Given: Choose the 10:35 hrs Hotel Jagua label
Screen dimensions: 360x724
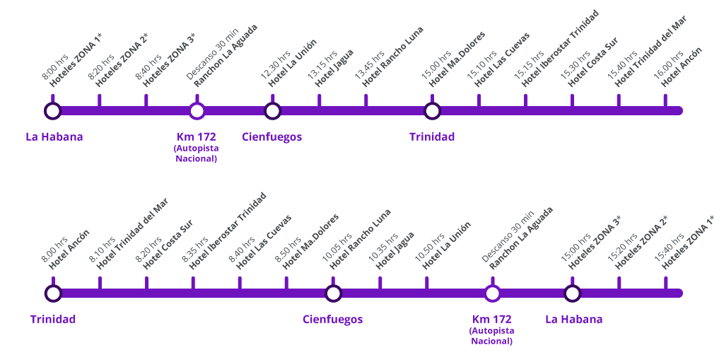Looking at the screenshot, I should point(390,250).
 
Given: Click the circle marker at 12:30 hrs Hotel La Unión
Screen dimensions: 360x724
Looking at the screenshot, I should point(272,110).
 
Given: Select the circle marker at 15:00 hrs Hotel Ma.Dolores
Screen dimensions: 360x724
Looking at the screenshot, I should point(432,110).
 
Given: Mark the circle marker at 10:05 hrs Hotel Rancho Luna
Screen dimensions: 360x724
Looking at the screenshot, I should point(333,293).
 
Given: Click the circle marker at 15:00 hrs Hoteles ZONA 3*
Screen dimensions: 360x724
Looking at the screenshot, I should point(572,293).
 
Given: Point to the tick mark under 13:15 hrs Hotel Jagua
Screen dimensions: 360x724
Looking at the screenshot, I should point(319,100).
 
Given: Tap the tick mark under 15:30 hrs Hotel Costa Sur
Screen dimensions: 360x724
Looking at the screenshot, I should point(572,100).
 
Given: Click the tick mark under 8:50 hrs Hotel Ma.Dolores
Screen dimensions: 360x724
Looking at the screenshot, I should point(286,283).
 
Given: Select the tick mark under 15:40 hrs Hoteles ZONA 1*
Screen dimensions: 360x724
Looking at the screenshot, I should point(665,283).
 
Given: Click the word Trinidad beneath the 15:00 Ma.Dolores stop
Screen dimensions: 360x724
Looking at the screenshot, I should point(432,137).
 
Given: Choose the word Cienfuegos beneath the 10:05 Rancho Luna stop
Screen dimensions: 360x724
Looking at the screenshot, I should point(332,319).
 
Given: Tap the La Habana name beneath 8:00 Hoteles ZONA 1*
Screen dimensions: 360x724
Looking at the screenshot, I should point(54,137).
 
